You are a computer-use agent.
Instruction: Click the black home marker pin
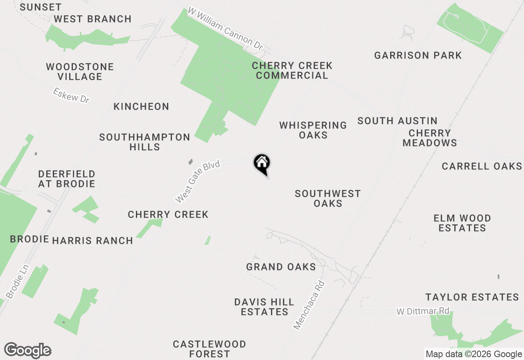[x=262, y=164]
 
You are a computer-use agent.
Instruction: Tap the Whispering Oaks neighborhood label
[x=313, y=130]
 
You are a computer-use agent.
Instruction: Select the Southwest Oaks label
[x=327, y=198]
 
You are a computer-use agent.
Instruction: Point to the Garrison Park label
[x=418, y=55]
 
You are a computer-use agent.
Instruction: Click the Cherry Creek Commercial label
[x=292, y=70]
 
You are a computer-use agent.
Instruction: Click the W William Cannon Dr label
[x=225, y=29]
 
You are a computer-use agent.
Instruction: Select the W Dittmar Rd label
[x=423, y=311]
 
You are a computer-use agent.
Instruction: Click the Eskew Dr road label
[x=71, y=95]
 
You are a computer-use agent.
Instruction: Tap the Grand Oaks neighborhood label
[x=281, y=267]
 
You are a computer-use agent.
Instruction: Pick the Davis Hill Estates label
[x=264, y=307]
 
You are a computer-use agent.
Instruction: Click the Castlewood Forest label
[x=209, y=349]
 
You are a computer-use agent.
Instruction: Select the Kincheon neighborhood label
[x=141, y=107]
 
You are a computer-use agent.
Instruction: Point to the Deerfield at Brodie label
[x=66, y=179]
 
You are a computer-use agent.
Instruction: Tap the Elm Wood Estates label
[x=462, y=223]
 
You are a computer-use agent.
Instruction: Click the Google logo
[x=27, y=351]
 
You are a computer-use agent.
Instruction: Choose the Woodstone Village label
[x=80, y=72]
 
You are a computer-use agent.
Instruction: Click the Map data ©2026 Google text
[x=474, y=354]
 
